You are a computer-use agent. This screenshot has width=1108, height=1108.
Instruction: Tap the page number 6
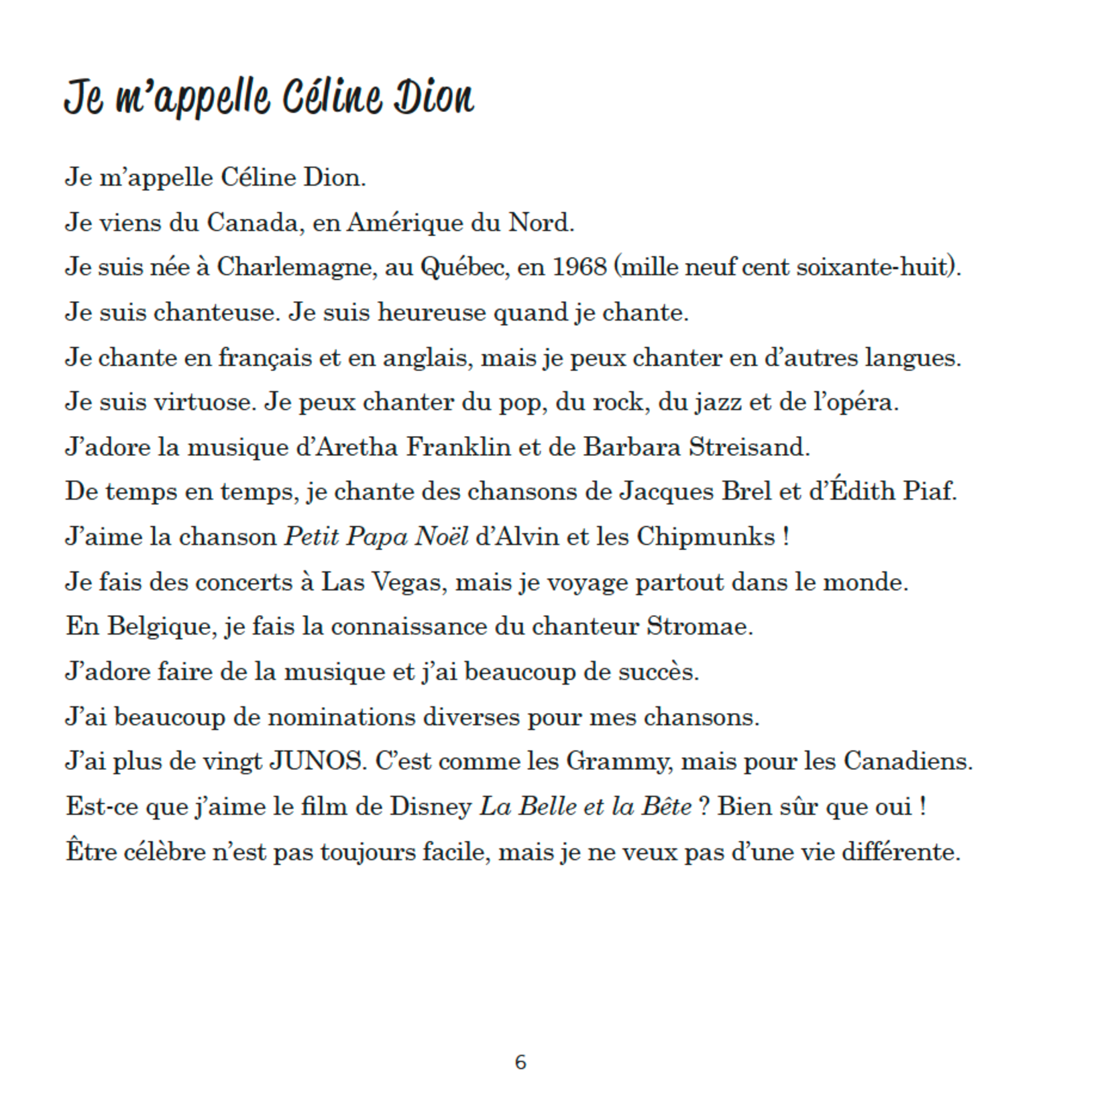[x=520, y=1062]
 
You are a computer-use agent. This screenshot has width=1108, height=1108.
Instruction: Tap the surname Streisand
[x=749, y=447]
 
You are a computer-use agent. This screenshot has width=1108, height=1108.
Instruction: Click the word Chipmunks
[x=706, y=537]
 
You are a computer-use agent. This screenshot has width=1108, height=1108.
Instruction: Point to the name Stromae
[x=699, y=626]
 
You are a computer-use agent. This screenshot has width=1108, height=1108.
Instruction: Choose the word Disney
[x=431, y=807]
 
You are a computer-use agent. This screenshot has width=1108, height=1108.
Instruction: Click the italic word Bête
[x=666, y=806]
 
